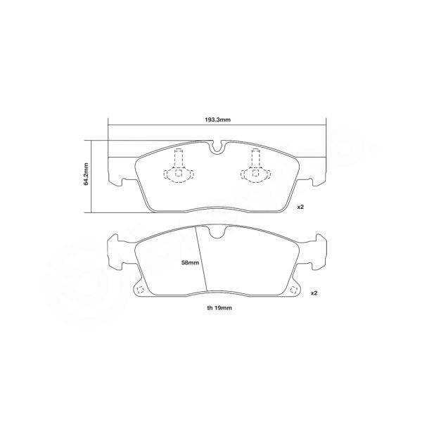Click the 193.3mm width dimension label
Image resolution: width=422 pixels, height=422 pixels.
pos(218,120)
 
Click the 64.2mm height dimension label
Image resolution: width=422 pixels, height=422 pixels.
pos(86,175)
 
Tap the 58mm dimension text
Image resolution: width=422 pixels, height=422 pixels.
pos(189,262)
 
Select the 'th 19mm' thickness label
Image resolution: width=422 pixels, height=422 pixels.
pos(219,307)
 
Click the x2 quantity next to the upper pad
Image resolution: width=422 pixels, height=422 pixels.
pos(300,207)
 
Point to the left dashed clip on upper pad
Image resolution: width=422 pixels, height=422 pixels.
pos(177,170)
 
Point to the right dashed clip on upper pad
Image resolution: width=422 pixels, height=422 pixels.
pos(256,170)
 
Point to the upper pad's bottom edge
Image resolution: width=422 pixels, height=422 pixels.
pos(218,210)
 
